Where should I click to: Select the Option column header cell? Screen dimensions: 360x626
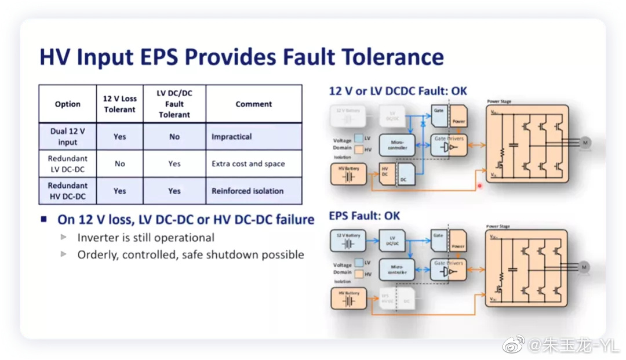pyautogui.click(x=68, y=104)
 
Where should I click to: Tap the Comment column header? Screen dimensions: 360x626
pyautogui.click(x=253, y=104)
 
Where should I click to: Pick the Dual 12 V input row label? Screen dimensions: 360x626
pyautogui.click(x=68, y=137)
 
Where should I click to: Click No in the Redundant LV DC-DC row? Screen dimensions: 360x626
pyautogui.click(x=119, y=163)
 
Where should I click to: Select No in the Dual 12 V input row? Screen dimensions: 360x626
pyautogui.click(x=174, y=137)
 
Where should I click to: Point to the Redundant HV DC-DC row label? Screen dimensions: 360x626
pyautogui.click(x=68, y=191)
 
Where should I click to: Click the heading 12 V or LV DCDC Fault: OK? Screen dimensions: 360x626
pyautogui.click(x=398, y=91)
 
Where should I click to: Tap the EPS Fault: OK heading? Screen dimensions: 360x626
pyautogui.click(x=365, y=216)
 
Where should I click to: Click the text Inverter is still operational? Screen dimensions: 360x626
pyautogui.click(x=145, y=238)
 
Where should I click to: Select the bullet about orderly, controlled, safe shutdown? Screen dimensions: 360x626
pyautogui.click(x=191, y=254)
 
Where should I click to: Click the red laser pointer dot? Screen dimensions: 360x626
pyautogui.click(x=480, y=186)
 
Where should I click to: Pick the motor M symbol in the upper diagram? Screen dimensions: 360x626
pyautogui.click(x=584, y=143)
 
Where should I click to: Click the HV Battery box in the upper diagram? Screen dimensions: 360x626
pyautogui.click(x=349, y=174)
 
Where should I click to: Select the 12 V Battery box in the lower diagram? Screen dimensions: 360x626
pyautogui.click(x=349, y=240)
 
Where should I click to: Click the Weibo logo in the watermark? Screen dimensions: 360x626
pyautogui.click(x=513, y=346)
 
